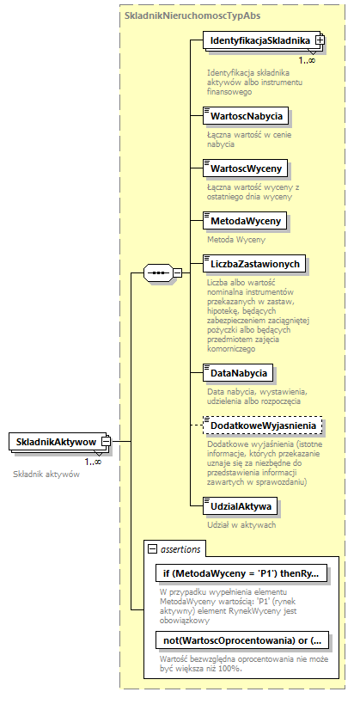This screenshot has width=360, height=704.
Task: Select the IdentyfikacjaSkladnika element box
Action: tap(259, 40)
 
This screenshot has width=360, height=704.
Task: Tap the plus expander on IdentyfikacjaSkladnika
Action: tap(320, 40)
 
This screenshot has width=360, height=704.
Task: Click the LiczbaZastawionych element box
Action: tap(253, 261)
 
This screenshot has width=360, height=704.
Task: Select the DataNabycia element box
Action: tap(237, 373)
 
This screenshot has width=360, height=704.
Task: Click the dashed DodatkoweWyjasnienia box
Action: tap(262, 425)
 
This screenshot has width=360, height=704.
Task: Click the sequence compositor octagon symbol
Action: tap(157, 273)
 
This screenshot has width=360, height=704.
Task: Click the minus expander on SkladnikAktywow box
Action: tap(107, 442)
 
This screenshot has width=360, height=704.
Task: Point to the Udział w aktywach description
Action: tap(240, 523)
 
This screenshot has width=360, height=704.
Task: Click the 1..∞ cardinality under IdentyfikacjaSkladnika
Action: tap(306, 60)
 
